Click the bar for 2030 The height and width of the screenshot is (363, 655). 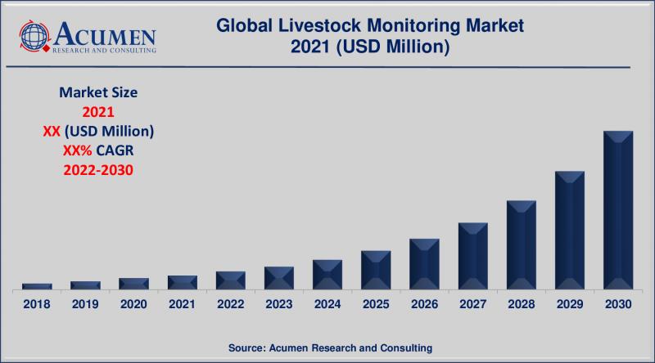pos(618,210)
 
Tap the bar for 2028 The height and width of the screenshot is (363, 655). pos(522,244)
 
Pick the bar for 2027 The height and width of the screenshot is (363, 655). pos(473,256)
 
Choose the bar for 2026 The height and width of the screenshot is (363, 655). pos(424,264)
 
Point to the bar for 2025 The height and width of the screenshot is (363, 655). pos(376,270)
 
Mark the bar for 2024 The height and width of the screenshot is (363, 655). pos(327,275)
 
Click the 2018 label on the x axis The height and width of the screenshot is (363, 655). pos(36,303)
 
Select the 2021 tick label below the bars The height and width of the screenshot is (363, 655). pos(182,303)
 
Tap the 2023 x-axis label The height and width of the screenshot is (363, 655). pos(279,303)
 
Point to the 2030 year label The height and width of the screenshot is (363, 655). pos(618,303)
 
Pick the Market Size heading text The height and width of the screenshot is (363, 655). pos(97,93)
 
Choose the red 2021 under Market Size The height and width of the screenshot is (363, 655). pos(97,112)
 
